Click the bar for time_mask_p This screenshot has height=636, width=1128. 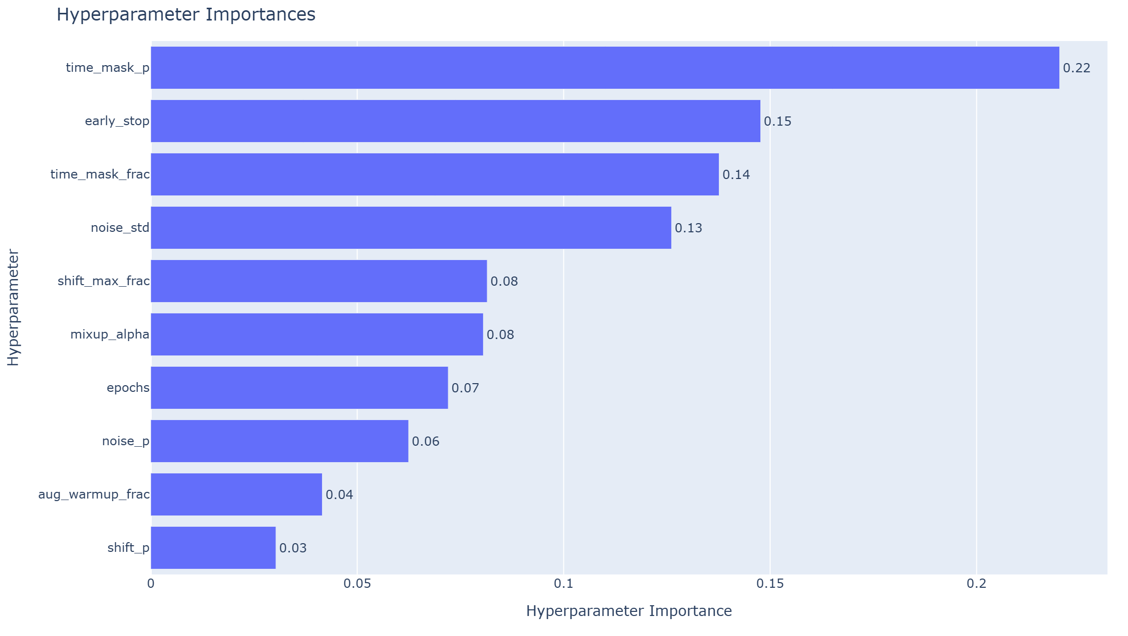point(605,68)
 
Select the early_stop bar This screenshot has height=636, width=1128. point(455,121)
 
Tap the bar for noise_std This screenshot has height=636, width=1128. point(411,228)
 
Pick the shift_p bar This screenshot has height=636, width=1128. point(213,548)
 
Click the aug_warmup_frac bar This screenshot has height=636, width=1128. point(236,494)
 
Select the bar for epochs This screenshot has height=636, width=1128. point(299,388)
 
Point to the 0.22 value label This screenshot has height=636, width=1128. point(1076,68)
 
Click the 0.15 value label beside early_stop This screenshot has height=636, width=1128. point(777,122)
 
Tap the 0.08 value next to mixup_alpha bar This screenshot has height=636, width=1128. point(500,335)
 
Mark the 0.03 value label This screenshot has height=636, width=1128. point(293,548)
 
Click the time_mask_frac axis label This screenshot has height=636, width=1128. point(100,174)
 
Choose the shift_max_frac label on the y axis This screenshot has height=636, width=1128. point(104,281)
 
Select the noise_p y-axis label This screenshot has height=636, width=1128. point(126,441)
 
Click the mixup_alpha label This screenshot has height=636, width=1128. point(110,334)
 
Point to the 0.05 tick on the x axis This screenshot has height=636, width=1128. point(357,584)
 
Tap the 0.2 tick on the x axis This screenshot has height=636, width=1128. point(976,584)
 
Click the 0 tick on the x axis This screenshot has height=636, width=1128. point(151,584)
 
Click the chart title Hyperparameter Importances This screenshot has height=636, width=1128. point(186,14)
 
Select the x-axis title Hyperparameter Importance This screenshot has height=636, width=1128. point(629,611)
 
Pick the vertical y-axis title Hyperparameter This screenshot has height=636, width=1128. point(13,307)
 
